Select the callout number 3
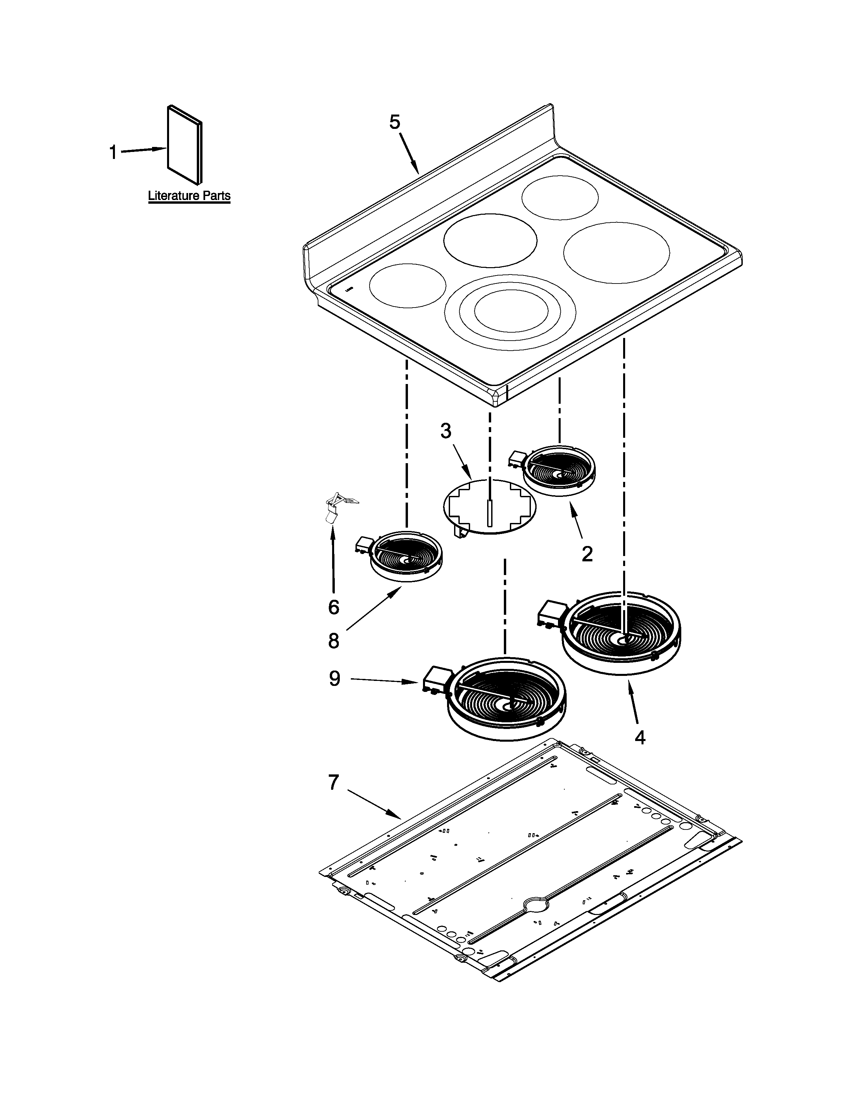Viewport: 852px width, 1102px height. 446,431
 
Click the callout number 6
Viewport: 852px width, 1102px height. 334,607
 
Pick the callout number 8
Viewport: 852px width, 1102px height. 334,641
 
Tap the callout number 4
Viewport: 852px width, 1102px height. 640,738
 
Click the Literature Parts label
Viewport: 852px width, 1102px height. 189,196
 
